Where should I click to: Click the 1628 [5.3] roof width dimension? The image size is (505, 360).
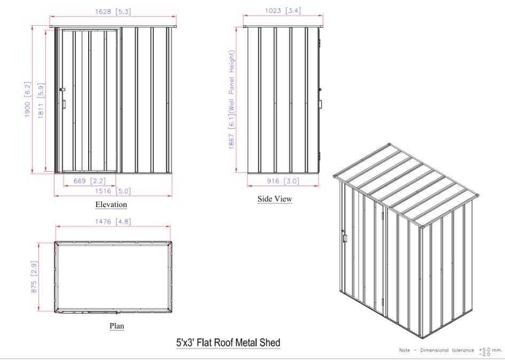point(113,11)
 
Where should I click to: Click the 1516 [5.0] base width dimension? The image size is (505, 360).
point(113,191)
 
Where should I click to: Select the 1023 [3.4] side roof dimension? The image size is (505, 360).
point(283,11)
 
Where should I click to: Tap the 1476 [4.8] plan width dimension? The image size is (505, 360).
point(113,221)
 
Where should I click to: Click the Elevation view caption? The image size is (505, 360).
point(111,204)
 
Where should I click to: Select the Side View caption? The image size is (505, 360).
point(275,199)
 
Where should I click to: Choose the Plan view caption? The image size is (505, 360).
point(116,325)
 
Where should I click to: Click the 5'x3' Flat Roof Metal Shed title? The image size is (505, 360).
point(228,342)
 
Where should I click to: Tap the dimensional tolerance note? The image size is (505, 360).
point(450,351)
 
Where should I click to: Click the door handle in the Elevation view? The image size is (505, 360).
point(64,104)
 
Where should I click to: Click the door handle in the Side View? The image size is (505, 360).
point(321,103)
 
